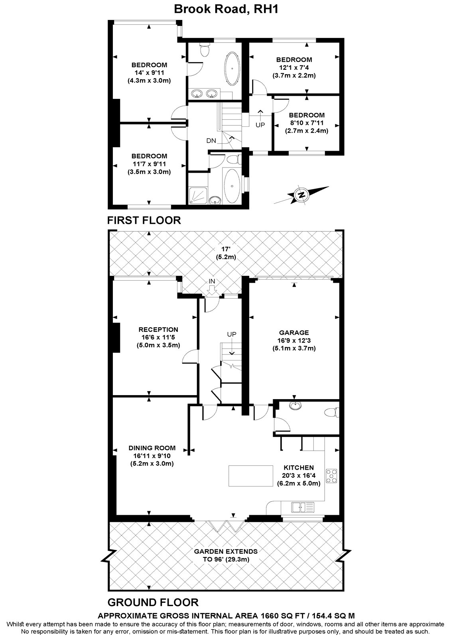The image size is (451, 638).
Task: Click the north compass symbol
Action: point(302,195)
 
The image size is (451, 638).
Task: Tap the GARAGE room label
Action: point(294,332)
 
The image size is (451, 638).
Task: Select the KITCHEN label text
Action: point(298,467)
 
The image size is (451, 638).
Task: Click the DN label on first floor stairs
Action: point(211,141)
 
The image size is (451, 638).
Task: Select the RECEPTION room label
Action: point(158,329)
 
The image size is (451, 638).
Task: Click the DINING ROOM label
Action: point(152,448)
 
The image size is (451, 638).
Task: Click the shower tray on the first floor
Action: point(197,195)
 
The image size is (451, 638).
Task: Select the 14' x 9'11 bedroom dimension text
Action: point(149,73)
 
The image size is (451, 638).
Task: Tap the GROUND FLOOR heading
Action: point(153,602)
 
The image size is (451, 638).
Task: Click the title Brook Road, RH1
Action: point(226,9)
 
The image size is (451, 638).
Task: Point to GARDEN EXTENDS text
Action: point(226,551)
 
